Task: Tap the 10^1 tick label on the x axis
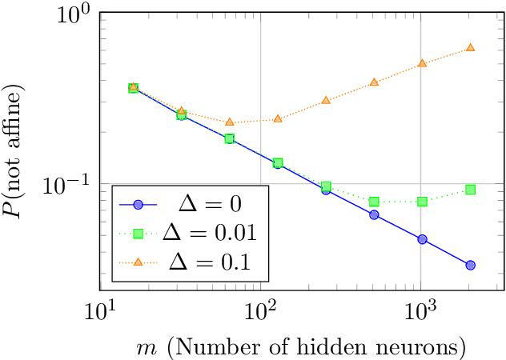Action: (100, 310)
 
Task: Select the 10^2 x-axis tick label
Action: (260, 310)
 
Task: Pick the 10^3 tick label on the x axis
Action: (420, 310)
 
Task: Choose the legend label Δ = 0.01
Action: (209, 233)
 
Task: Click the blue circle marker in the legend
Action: (138, 206)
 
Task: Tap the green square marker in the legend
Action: (138, 234)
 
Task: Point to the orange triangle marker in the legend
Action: (138, 261)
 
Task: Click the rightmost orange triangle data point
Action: (470, 48)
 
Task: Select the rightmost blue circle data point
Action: (470, 265)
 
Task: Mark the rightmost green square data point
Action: (470, 190)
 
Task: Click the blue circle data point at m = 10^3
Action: (422, 239)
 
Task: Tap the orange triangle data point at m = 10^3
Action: (422, 62)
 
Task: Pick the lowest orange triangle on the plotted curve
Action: (230, 122)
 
